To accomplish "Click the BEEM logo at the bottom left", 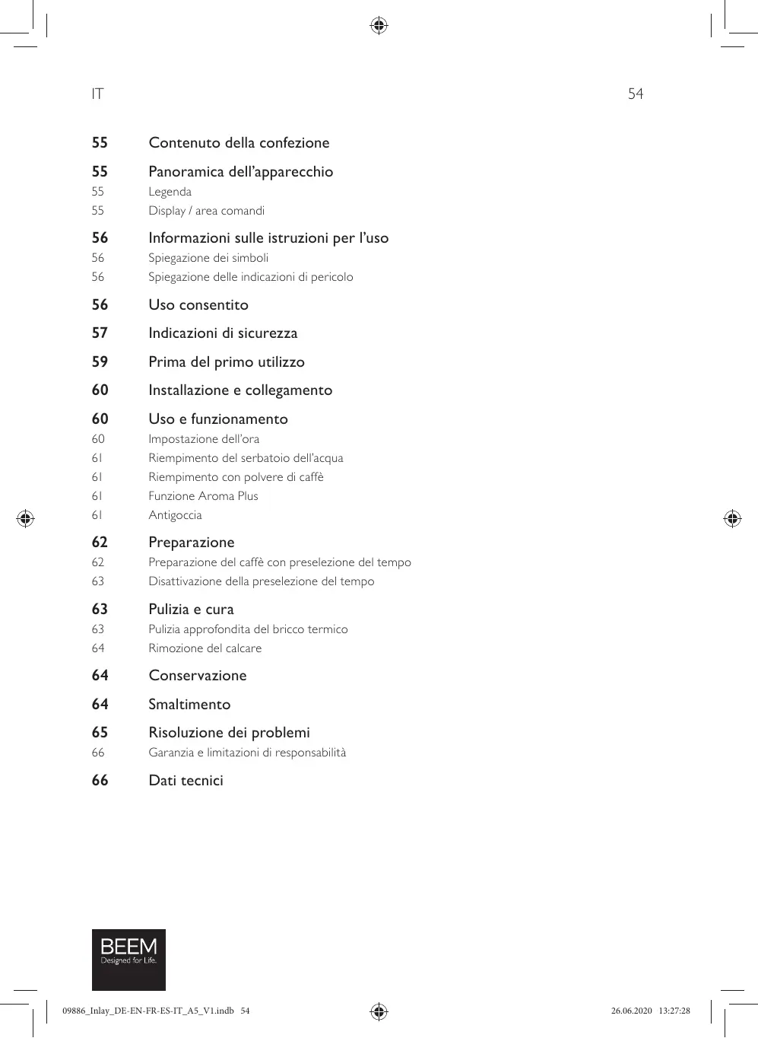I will pos(128,959).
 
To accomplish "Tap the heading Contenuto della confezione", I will pos(239,143).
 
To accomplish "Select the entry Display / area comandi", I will pos(206,211).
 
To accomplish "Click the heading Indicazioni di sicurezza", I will pos(223,333).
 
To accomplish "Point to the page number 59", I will pos(100,362).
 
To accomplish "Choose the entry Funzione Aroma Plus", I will pos(203,496).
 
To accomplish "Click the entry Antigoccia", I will pos(175,515).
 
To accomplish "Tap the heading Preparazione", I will pos(191,543).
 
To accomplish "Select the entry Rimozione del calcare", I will pos(205,648).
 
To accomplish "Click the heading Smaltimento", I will pos(189,705).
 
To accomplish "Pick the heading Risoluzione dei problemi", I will pos(229,733).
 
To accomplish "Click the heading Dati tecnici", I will pos(186,781).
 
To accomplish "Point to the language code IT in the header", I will pos(97,94).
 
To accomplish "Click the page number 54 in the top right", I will pos(635,94).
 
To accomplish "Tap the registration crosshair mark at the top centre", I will pos(379,26).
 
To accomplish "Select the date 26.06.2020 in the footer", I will pos(631,1011).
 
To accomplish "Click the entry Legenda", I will pos(170,192).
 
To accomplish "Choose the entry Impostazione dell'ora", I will pos(204,439).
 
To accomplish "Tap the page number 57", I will pos(100,333).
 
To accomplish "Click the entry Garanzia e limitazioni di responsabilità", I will pos(247,753).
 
